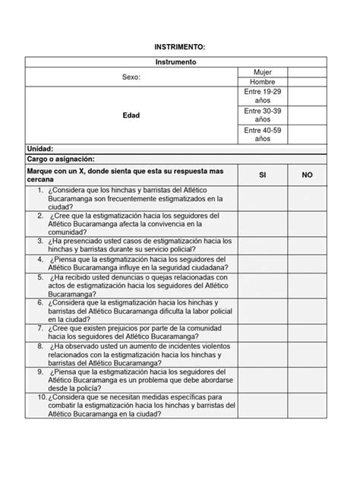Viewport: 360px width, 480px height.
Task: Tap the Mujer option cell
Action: coord(262,71)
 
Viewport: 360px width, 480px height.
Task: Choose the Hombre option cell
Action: coord(262,82)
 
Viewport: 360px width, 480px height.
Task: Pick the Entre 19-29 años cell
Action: coord(262,96)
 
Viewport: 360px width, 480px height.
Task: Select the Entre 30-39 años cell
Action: coord(262,115)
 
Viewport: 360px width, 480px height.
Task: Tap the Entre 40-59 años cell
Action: coord(262,134)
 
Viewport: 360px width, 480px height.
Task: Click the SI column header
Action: coord(262,175)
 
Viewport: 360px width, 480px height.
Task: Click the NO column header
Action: coord(308,175)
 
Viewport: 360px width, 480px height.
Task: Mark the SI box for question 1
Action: coord(262,198)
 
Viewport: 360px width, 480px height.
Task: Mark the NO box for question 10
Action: coord(308,406)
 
